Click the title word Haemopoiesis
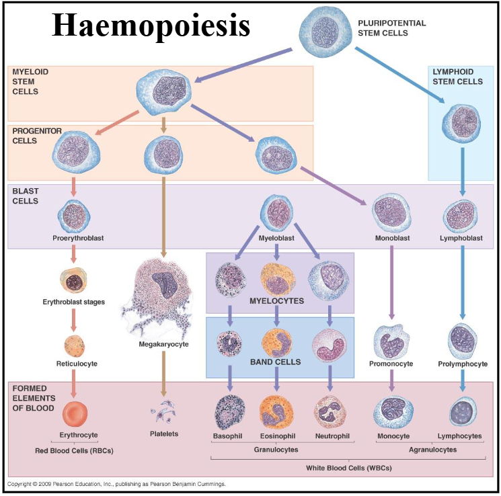(151, 26)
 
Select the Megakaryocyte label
(163, 344)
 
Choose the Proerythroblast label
(74, 238)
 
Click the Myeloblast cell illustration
(276, 212)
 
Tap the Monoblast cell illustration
(391, 212)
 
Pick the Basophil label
(227, 436)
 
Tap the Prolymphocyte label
(462, 364)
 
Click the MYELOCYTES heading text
(276, 301)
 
